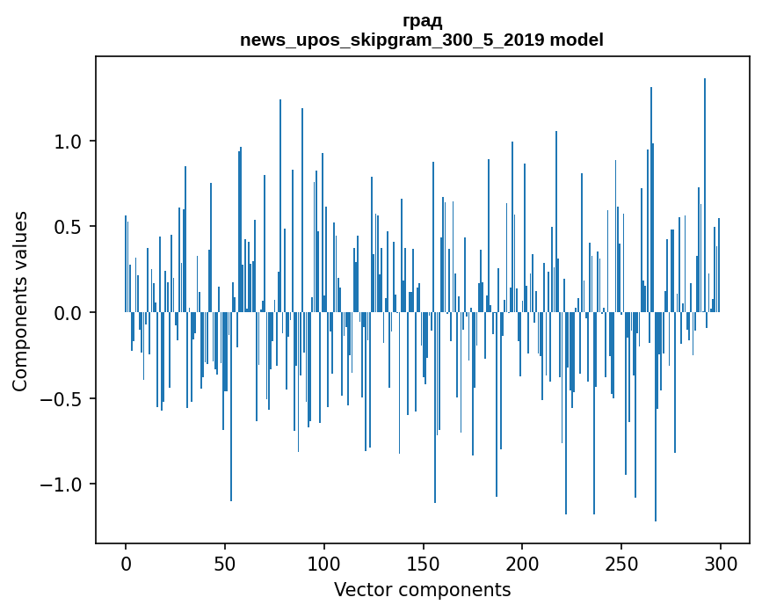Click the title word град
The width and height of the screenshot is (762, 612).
[x=422, y=21]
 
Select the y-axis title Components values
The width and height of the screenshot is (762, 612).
[x=20, y=301]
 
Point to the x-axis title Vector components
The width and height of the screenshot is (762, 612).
[x=422, y=589]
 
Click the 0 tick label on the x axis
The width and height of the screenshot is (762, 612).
[x=126, y=561]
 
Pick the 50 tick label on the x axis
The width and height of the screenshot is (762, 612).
[x=225, y=561]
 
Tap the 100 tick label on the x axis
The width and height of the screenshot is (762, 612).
[x=324, y=561]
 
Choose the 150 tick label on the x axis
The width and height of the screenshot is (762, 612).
[x=424, y=561]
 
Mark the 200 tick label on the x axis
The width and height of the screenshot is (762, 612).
[x=523, y=561]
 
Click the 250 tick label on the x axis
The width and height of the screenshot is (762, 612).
[x=622, y=561]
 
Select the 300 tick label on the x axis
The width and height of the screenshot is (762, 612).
[x=721, y=561]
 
